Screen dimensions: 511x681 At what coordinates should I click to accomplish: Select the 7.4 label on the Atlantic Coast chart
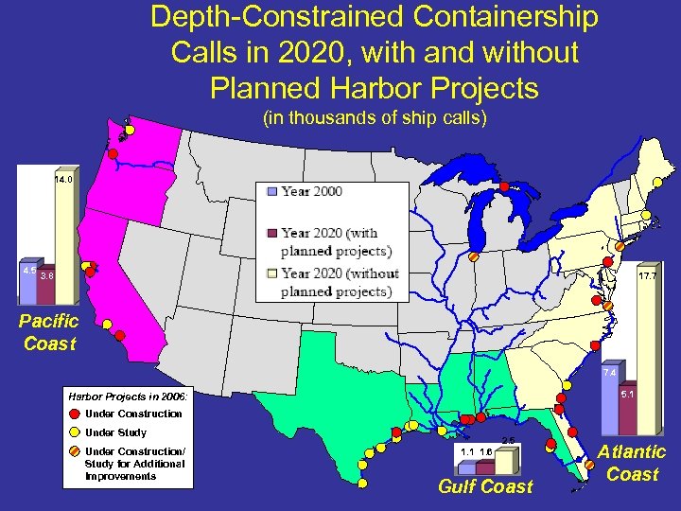click(x=610, y=373)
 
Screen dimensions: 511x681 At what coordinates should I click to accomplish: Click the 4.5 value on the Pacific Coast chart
click(x=29, y=271)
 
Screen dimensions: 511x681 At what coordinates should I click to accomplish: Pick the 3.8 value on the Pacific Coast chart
click(x=46, y=276)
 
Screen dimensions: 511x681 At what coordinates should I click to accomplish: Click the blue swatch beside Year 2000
click(x=271, y=191)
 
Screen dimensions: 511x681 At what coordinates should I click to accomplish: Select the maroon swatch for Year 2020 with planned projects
click(x=271, y=233)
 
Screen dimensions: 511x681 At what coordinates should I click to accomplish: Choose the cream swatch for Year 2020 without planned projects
click(x=271, y=274)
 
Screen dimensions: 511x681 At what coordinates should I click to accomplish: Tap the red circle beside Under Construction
click(x=74, y=414)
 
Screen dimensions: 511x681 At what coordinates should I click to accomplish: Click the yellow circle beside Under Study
click(x=74, y=432)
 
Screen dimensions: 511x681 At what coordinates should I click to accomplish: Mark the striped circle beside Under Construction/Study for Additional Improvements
click(x=74, y=451)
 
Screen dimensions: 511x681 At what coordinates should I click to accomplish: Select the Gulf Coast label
click(x=485, y=486)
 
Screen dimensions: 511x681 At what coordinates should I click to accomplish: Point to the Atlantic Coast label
click(x=632, y=464)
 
